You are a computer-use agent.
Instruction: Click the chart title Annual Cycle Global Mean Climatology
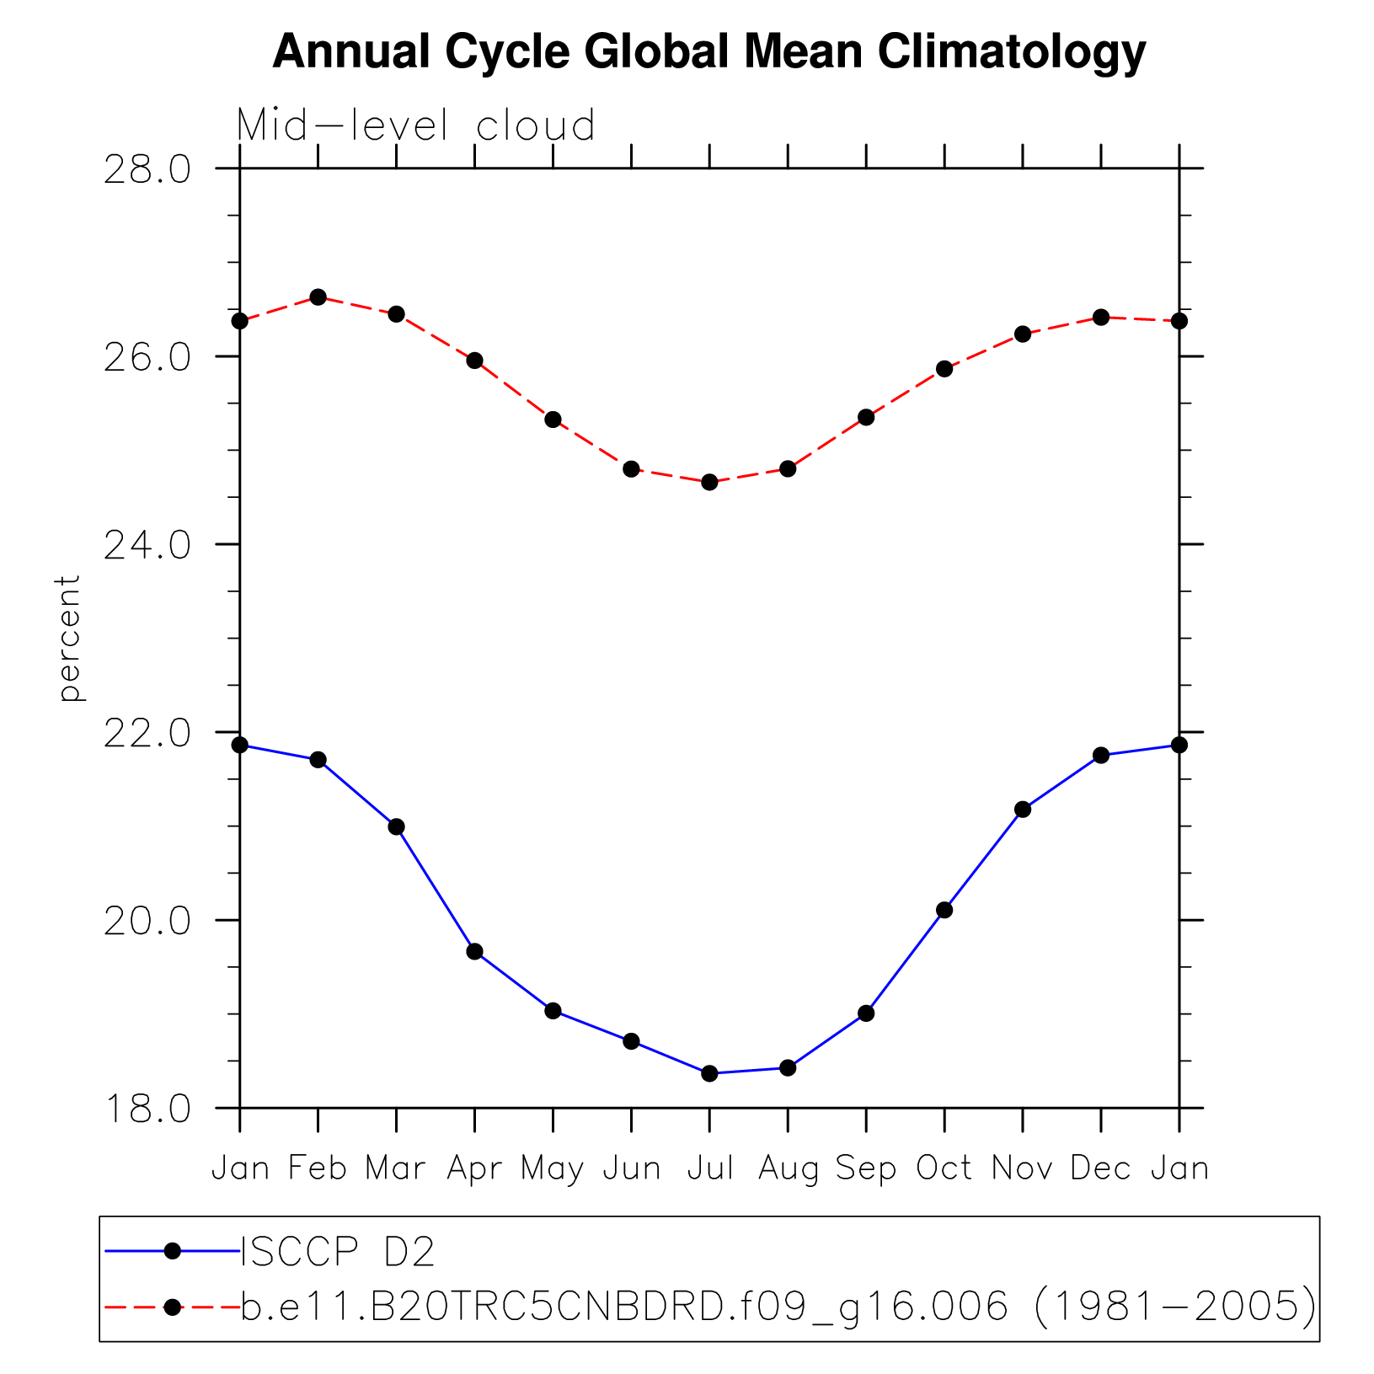(x=708, y=52)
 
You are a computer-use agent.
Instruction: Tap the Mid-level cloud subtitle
(x=416, y=126)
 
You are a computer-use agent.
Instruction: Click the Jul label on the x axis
(x=710, y=1168)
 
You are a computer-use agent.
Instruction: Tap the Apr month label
(x=474, y=1168)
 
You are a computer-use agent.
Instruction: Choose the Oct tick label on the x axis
(x=944, y=1168)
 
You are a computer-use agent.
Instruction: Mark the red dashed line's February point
(x=318, y=297)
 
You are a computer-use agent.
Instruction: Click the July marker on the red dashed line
(x=709, y=482)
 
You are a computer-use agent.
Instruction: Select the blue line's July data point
(x=709, y=1073)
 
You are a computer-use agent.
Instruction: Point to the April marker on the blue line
(x=475, y=951)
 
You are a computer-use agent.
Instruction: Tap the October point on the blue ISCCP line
(x=944, y=910)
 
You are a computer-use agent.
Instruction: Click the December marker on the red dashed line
(x=1101, y=317)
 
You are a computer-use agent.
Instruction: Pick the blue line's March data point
(x=397, y=826)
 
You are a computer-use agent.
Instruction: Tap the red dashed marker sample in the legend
(x=173, y=1307)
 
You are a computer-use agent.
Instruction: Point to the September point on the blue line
(x=866, y=1013)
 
